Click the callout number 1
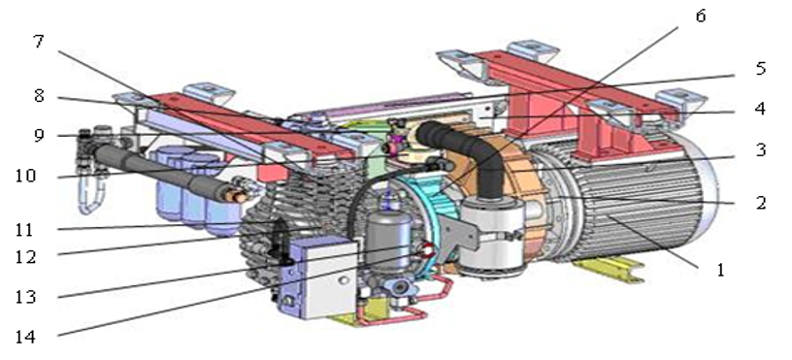pyautogui.click(x=721, y=270)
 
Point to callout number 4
pyautogui.click(x=759, y=109)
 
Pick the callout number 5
pyautogui.click(x=760, y=68)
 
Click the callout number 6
pyautogui.click(x=700, y=16)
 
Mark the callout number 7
pyautogui.click(x=39, y=42)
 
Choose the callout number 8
pyautogui.click(x=40, y=95)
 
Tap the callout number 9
pyautogui.click(x=40, y=135)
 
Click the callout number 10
pyautogui.click(x=25, y=176)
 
